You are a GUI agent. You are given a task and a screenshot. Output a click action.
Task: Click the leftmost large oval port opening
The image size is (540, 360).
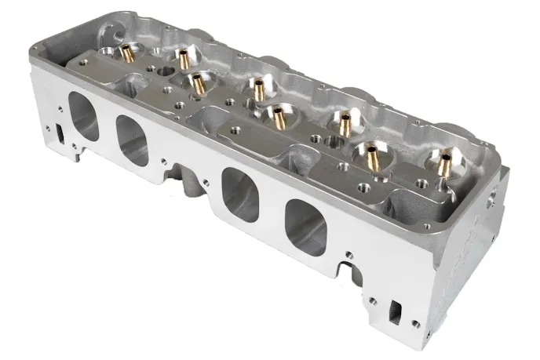point(84,116)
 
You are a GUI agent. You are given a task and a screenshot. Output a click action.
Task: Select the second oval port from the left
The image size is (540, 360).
point(133,140)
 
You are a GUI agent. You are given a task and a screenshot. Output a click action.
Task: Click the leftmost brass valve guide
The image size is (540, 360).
point(126,53)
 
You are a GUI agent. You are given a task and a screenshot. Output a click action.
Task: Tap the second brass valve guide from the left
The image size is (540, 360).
point(183,58)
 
